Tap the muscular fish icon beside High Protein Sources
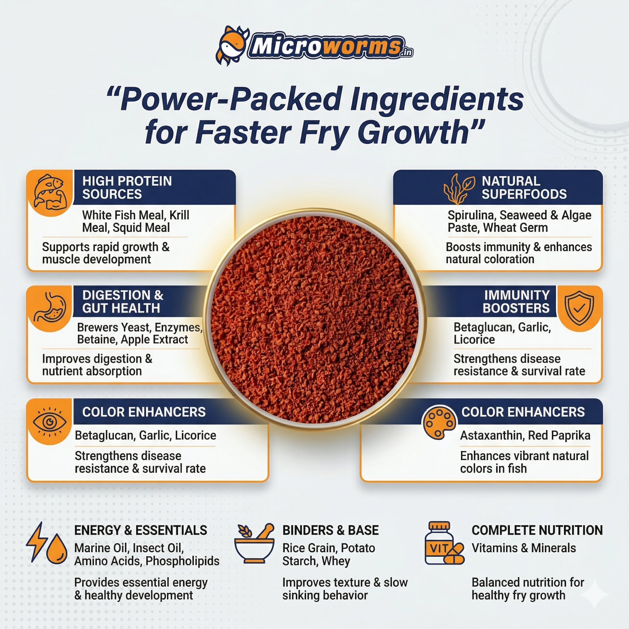50,192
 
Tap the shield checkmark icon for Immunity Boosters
579,308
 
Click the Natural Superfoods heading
524,188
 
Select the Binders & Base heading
330,530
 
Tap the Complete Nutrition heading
537,530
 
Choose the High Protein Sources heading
127,188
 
